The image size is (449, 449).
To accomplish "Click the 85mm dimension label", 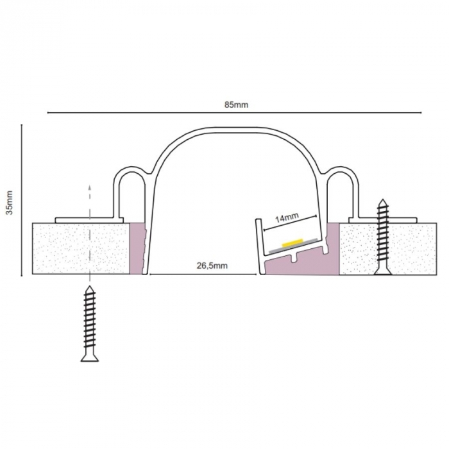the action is click(x=236, y=105).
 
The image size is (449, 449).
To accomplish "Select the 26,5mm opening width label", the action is click(x=212, y=266).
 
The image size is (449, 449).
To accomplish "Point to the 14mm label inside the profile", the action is click(x=287, y=218).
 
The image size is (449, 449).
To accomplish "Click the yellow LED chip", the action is click(x=292, y=242).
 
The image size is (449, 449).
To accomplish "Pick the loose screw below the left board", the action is click(x=90, y=323).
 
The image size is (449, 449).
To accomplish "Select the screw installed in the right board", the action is click(x=383, y=237).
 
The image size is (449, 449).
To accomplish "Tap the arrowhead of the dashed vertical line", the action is click(x=90, y=187).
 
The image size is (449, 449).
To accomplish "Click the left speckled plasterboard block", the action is click(x=81, y=249).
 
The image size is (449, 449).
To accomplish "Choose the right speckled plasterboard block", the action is click(x=388, y=249).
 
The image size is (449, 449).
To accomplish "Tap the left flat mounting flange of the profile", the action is click(x=89, y=220).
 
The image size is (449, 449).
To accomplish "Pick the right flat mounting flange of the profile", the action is click(x=382, y=220).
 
